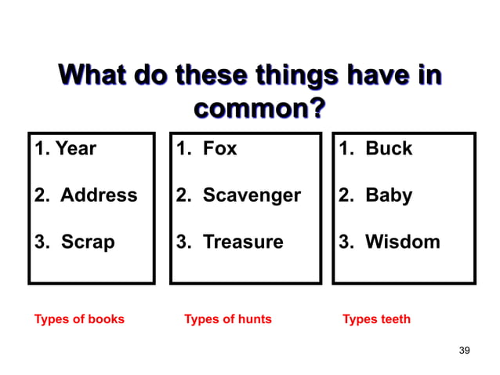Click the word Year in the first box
pos(76,148)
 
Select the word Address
pos(99,195)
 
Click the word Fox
pos(219,148)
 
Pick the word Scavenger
pos(252,195)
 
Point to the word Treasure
pos(243,242)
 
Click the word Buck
pos(389,148)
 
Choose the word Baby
pos(389,195)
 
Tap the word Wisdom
pos(403,242)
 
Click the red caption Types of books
pos(79,319)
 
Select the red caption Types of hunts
pos(227,319)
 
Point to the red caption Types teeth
pos(376,319)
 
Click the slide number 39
pos(464,349)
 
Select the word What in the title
pos(95,78)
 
